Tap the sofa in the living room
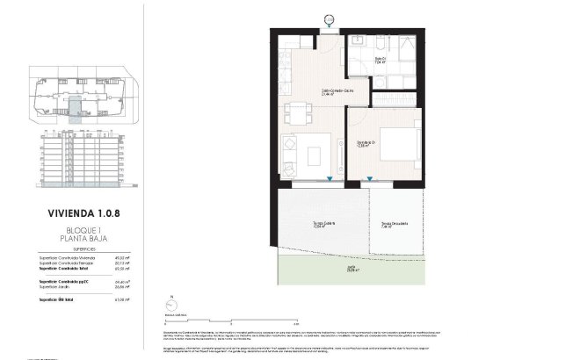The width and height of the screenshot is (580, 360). (x=291, y=151)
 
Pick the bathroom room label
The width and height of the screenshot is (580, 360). (x=358, y=61)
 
